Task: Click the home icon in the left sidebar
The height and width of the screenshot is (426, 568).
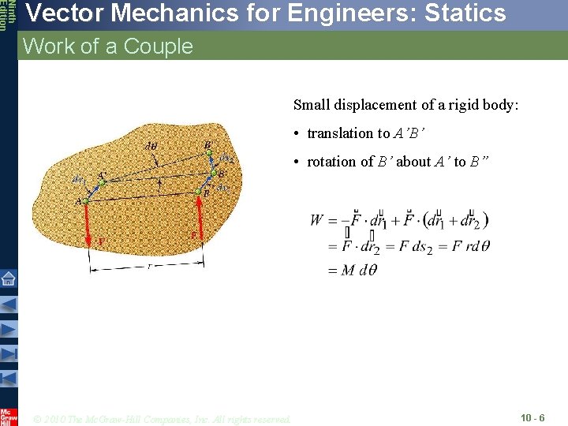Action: (8, 278)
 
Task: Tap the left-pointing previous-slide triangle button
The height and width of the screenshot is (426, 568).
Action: (8, 304)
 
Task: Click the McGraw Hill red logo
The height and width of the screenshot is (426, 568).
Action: (8, 416)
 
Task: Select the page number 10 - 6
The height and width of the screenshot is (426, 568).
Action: (532, 417)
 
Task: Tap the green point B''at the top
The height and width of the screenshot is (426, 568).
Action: (209, 152)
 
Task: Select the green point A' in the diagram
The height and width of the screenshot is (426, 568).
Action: (100, 183)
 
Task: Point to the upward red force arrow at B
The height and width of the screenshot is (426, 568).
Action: (203, 221)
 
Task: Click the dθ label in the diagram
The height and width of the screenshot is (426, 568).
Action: (151, 145)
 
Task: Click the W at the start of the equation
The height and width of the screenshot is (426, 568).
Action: (317, 220)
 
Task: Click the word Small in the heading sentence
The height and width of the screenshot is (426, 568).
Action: (310, 105)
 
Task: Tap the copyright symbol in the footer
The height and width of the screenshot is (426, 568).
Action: (39, 418)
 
